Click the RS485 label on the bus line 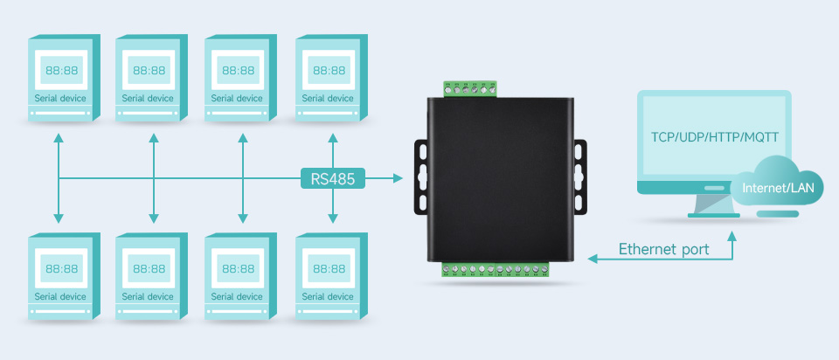(x=333, y=178)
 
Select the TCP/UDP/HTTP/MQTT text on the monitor (x=715, y=137)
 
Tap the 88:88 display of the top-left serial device (x=61, y=71)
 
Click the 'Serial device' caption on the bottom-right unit (x=329, y=296)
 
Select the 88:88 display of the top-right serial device (x=329, y=71)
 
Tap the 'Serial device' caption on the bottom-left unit (x=61, y=296)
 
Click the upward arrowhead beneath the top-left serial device (x=59, y=139)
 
